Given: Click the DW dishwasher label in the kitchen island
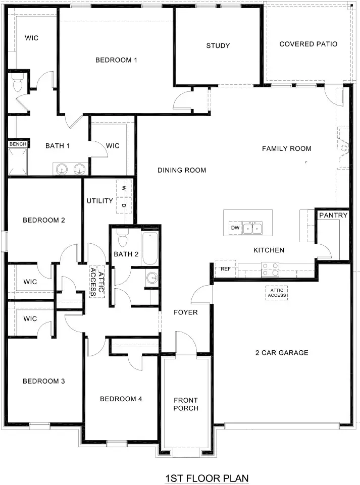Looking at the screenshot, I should [x=235, y=228].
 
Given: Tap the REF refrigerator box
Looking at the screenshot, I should [x=225, y=269].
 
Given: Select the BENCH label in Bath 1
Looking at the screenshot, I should [x=18, y=144].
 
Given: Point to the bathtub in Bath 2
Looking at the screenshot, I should [x=150, y=248].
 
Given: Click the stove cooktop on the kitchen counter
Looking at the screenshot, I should [x=270, y=270].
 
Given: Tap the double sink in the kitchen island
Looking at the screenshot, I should [x=252, y=229].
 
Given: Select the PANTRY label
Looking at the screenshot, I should [x=333, y=215].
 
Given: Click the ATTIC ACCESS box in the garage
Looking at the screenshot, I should [x=277, y=293].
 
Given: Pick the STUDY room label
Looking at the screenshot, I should [x=218, y=46].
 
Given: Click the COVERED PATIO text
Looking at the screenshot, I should [x=308, y=44].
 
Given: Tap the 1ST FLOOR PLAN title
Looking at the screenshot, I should [x=207, y=477].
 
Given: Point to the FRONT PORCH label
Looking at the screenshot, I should [x=186, y=404].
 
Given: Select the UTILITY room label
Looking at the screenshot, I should [x=99, y=201].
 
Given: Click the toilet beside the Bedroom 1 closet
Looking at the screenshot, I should [x=18, y=84].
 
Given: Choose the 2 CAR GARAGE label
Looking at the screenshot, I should [x=281, y=353].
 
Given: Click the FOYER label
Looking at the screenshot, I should [x=185, y=312].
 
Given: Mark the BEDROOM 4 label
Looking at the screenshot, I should [x=121, y=399].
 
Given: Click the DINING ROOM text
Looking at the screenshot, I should [x=182, y=170].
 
